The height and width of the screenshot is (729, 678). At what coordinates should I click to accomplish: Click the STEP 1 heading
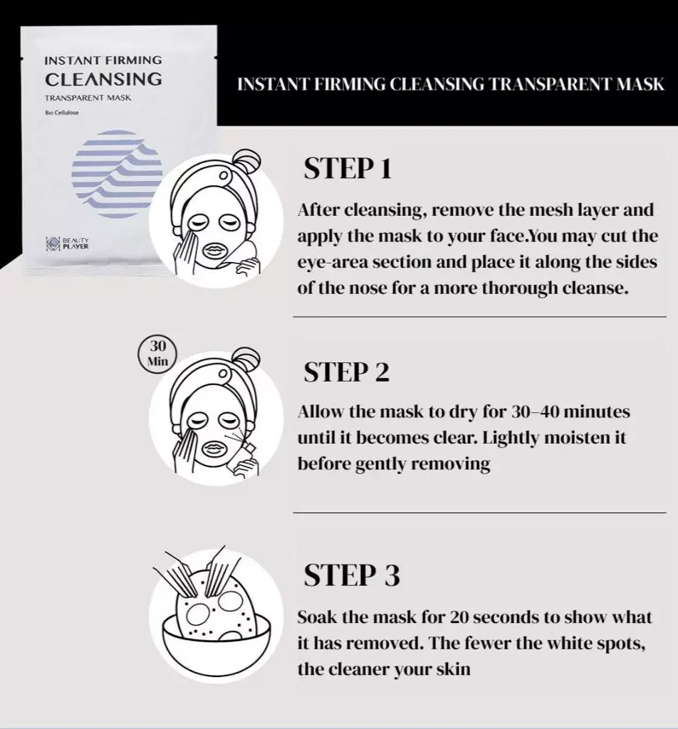[348, 168]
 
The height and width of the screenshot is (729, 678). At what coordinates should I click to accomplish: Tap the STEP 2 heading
[346, 372]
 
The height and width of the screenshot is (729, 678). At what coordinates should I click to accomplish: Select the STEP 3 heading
[352, 575]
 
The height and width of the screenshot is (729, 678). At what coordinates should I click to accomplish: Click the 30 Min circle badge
[157, 353]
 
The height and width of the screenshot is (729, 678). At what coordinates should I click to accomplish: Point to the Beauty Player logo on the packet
[67, 243]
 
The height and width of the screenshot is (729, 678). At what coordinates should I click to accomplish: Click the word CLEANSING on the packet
[104, 79]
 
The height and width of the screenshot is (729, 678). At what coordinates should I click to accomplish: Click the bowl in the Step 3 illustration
[217, 644]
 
